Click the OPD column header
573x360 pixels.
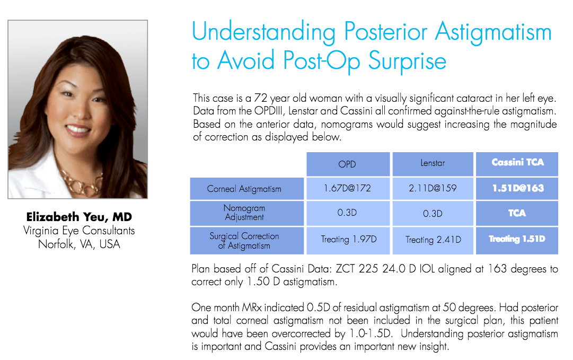348,164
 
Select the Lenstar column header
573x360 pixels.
433,164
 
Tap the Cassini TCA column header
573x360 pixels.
517,164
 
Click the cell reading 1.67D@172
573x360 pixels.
348,189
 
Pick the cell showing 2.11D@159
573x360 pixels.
433,189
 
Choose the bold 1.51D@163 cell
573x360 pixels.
517,189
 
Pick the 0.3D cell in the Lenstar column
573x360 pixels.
433,213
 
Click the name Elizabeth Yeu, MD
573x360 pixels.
79,217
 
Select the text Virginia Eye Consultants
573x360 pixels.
79,231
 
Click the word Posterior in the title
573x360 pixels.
385,32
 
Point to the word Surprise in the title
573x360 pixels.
407,61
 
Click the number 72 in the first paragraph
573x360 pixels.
261,98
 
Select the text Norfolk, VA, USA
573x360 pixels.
79,244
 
